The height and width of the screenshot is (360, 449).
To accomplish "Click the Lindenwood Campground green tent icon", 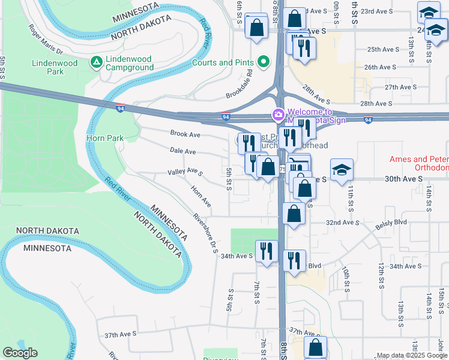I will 96,62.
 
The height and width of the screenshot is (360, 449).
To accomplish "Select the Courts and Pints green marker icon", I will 262,62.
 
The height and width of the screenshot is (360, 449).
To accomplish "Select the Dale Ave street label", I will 182,151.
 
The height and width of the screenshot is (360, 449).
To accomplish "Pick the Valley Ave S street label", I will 185,172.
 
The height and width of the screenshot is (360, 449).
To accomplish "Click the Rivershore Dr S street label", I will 205,233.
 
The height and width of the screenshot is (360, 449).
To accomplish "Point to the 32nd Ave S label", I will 341,222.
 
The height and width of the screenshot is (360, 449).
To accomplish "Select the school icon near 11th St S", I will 341,169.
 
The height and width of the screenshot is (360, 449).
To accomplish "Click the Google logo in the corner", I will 20,353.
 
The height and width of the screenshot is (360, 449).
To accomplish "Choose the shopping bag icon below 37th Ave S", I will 315,347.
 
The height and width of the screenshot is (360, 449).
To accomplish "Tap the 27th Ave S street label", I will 400,87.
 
